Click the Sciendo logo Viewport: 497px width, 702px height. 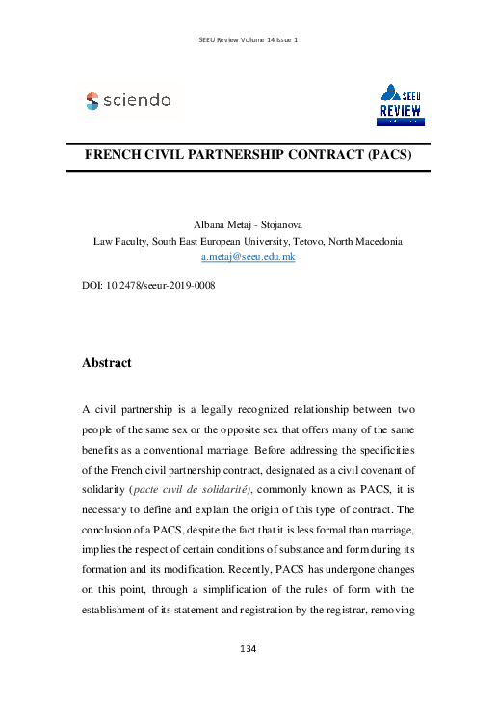click(x=128, y=100)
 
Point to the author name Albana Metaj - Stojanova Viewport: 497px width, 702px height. click(x=248, y=223)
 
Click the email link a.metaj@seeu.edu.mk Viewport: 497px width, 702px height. click(x=248, y=258)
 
